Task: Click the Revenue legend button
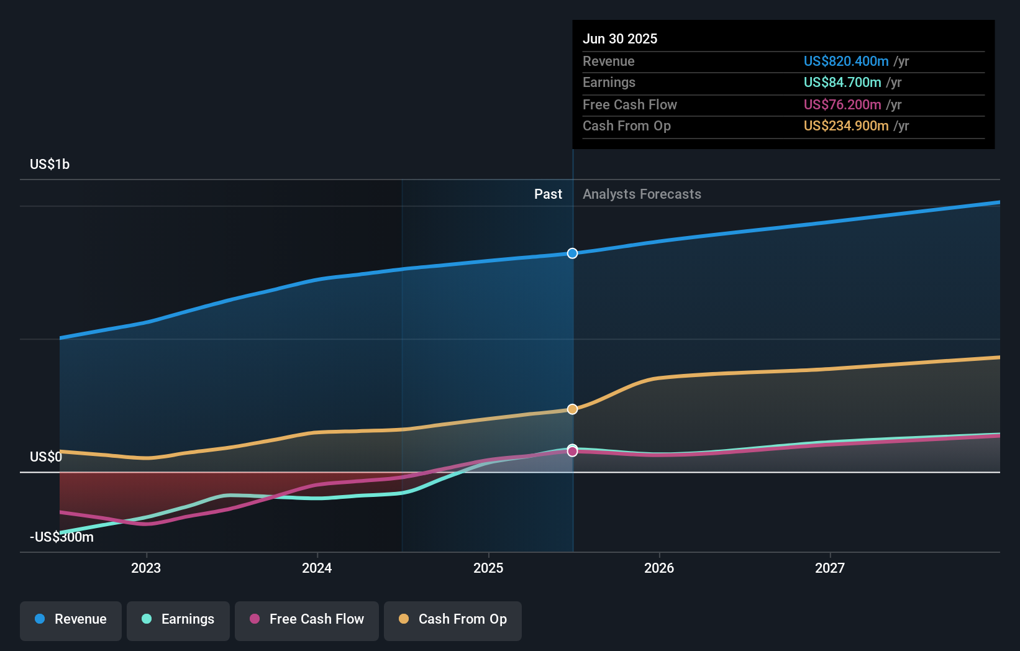coord(71,619)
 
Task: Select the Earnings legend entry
coord(178,619)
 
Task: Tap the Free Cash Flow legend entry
coord(307,619)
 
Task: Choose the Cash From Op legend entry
coord(453,619)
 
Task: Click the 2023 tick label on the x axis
coord(146,568)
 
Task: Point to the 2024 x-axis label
coord(317,568)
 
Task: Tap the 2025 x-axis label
coord(488,568)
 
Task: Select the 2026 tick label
coord(659,568)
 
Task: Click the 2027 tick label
coord(830,568)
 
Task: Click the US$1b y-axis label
coord(50,165)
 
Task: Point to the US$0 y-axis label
coord(46,457)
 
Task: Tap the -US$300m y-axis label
coord(61,537)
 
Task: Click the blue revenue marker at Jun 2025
coord(572,253)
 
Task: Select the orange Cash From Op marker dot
coord(572,409)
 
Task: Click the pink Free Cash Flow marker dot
coord(572,452)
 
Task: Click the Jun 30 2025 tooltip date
coord(620,39)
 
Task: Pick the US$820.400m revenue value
coord(846,61)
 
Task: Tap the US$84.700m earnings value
coord(842,83)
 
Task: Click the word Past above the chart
coord(548,194)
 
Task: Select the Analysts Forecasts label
coord(642,194)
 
